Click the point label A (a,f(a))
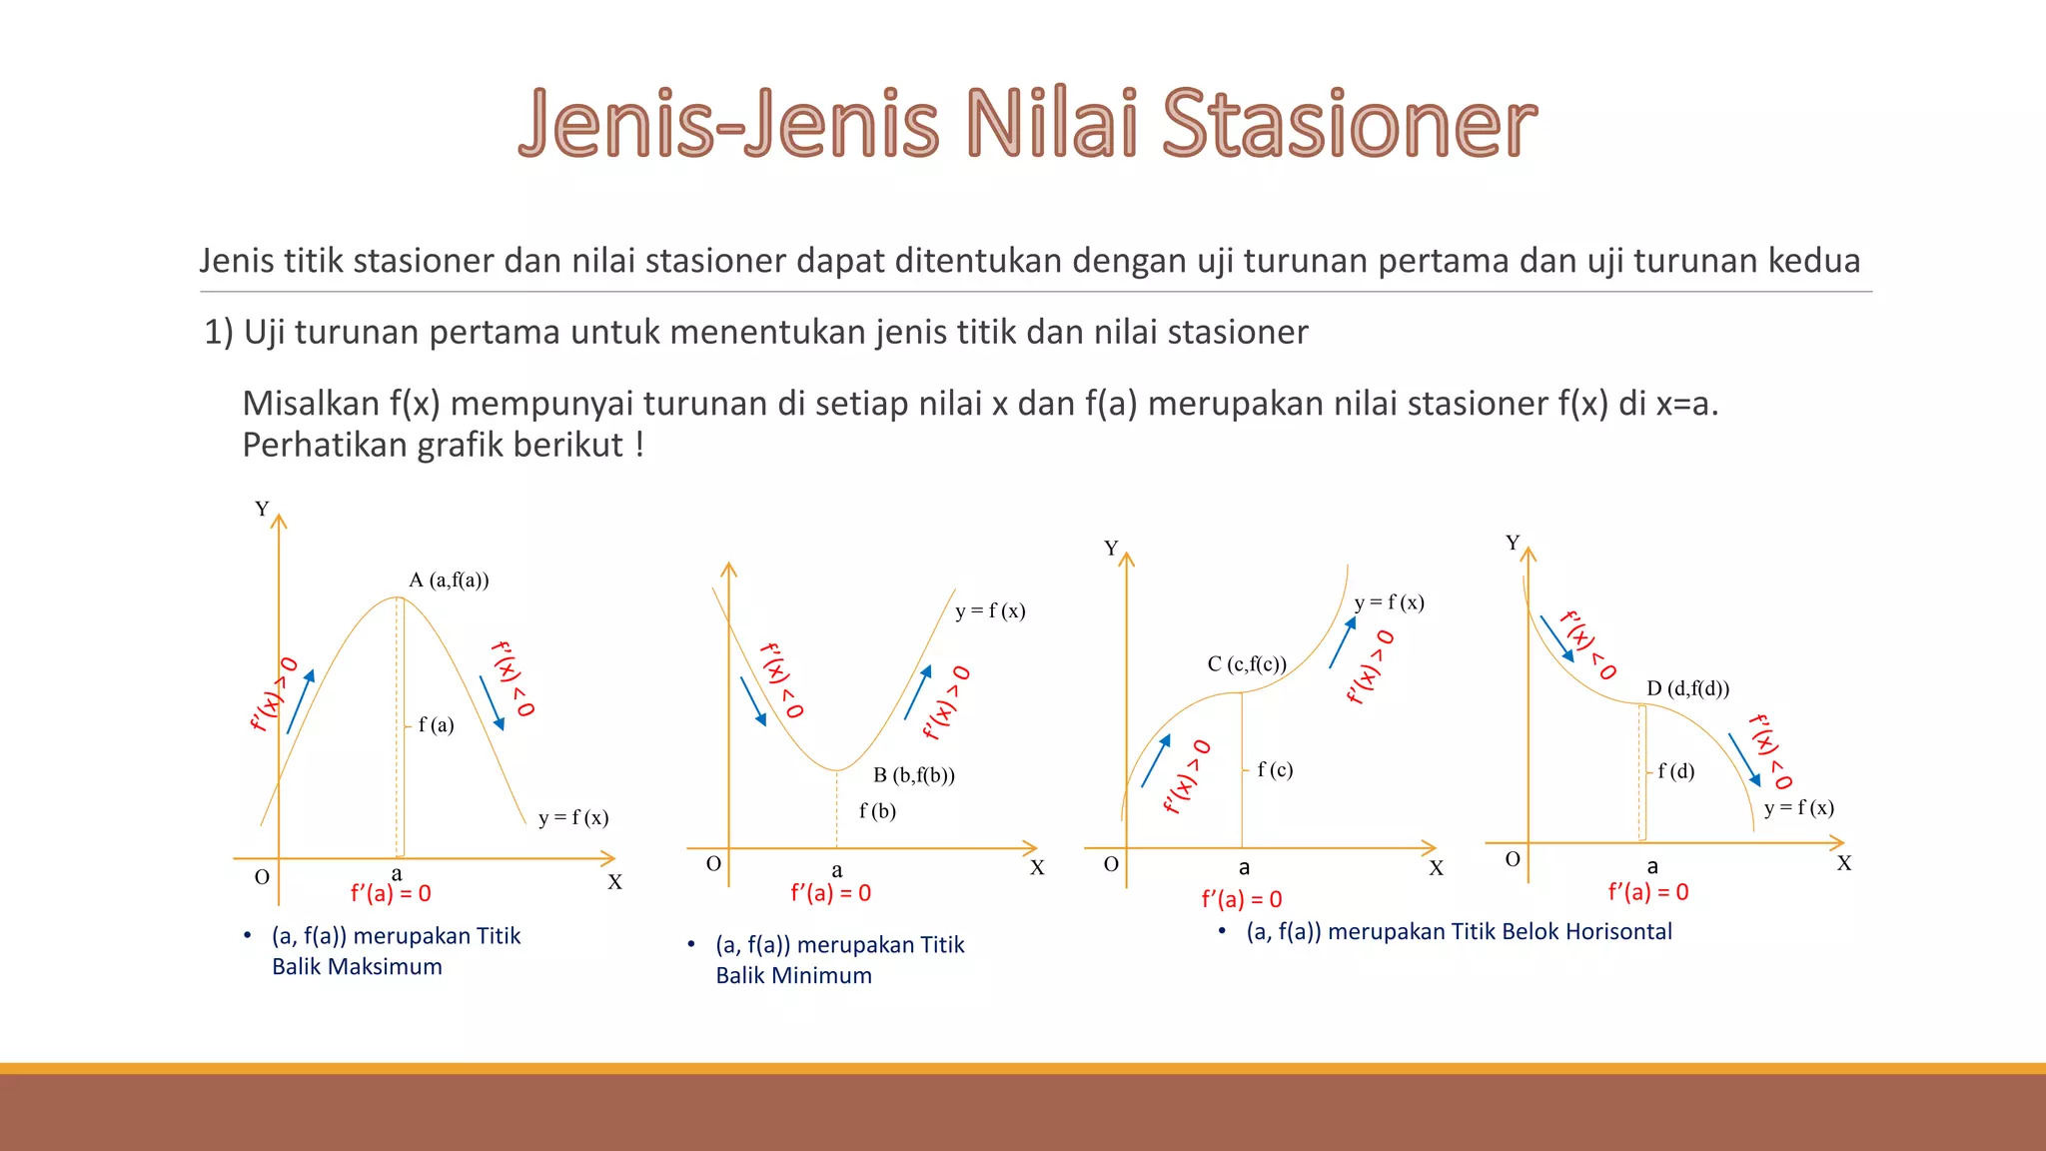[449, 580]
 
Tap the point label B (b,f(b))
[913, 775]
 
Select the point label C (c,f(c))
[1246, 664]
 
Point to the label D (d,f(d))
[1687, 688]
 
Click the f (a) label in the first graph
[436, 725]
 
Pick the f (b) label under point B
[877, 811]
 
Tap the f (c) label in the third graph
[1275, 769]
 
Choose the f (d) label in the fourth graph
[1675, 771]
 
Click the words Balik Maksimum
[357, 967]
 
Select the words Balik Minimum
[793, 976]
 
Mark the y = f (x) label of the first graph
[572, 818]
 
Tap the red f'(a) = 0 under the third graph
[1241, 899]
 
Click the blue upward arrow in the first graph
[301, 701]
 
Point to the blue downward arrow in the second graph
[753, 701]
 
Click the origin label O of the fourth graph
[1513, 859]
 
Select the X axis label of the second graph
[1037, 868]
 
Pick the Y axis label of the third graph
[1111, 549]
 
